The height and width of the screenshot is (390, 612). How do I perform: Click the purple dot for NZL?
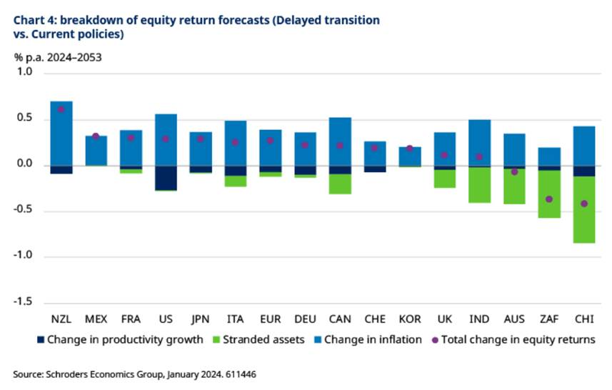tap(61, 109)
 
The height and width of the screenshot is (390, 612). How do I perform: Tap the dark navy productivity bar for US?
tap(166, 178)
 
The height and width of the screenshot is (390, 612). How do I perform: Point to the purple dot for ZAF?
tap(549, 199)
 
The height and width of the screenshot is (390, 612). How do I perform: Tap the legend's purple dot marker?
tap(435, 340)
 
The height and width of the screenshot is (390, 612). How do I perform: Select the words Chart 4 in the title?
tap(34, 21)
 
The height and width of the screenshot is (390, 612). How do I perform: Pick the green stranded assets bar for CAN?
tap(340, 184)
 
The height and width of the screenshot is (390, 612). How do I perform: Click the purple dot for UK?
tap(444, 155)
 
